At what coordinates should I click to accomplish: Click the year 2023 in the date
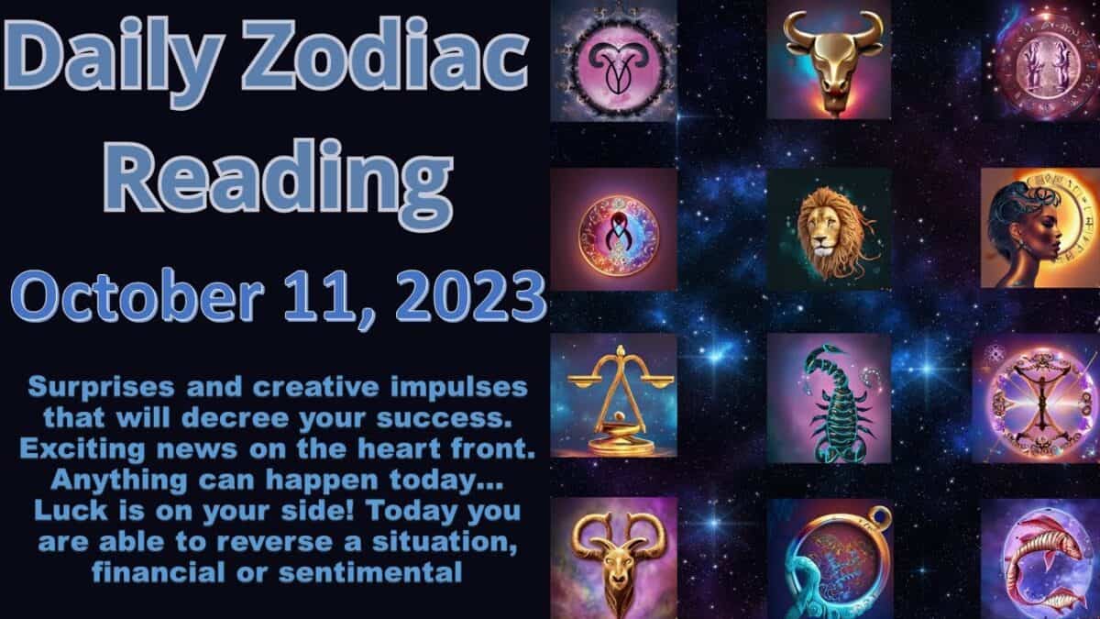coord(470,296)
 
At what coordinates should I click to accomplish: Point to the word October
coord(136,296)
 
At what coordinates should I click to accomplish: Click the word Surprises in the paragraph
coord(101,388)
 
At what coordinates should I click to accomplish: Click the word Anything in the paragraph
coord(119,481)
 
